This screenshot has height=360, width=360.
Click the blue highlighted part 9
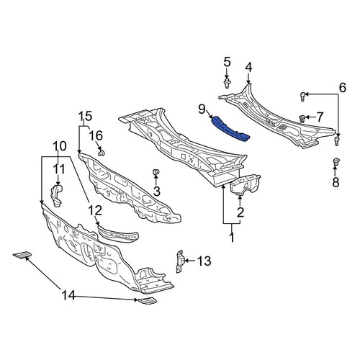pos(230,129)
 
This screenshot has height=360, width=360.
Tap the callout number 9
pos(202,109)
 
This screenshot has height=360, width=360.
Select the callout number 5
pos(227,62)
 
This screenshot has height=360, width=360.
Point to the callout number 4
pos(248,68)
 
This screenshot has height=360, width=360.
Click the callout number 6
pos(343,87)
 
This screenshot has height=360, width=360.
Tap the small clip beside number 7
pos(302,118)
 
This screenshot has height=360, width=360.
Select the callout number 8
pos(336,182)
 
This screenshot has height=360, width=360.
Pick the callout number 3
pos(156,192)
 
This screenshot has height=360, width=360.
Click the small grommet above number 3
pos(156,173)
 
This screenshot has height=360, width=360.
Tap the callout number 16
pos(96,135)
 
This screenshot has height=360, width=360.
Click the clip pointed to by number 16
pos(102,152)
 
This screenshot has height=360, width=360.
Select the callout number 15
pos(86,117)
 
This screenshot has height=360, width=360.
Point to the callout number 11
pos(59,169)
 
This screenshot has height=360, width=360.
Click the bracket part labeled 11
pos(56,195)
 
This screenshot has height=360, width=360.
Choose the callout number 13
pos(204,261)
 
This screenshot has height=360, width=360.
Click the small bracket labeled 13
pos(181,261)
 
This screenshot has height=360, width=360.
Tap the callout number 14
pos(68,295)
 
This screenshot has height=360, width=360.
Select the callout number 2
pos(240,212)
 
